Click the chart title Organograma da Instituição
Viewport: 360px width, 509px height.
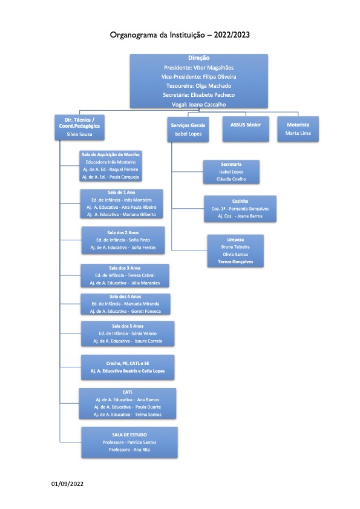[157, 34]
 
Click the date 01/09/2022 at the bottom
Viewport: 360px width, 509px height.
[68, 484]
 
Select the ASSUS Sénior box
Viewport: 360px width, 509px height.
[246, 129]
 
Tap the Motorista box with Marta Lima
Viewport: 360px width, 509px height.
[298, 129]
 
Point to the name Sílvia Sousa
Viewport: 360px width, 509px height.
[79, 134]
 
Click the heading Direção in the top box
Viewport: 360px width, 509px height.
[199, 57]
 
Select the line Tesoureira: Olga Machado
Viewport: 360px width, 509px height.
[199, 86]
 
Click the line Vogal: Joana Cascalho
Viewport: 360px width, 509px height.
[199, 105]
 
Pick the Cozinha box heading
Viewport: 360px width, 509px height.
[240, 202]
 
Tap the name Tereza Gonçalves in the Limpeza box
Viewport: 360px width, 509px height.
[235, 261]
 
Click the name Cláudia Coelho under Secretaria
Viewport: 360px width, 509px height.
[232, 179]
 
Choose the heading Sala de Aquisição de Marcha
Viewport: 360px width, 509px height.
[111, 154]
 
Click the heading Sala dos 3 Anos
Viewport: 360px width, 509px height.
[125, 268]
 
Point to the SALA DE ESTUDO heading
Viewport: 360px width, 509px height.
[129, 435]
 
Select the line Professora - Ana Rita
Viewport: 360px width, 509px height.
[129, 450]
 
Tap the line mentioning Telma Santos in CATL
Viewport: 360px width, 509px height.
[128, 415]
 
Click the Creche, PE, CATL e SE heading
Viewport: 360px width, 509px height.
[128, 364]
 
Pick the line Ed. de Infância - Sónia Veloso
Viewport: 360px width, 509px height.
[128, 333]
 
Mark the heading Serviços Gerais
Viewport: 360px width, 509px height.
[188, 125]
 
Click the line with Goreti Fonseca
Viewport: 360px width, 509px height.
[125, 311]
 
